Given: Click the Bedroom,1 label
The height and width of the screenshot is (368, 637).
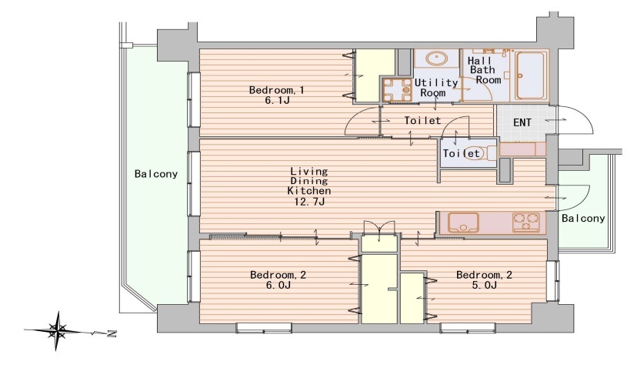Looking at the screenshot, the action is click(x=276, y=90).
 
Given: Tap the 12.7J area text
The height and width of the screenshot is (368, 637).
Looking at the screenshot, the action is click(x=309, y=201).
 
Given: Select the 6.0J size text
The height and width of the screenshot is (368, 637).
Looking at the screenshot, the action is click(x=278, y=285).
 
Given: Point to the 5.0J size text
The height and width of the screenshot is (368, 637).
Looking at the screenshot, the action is click(x=484, y=285).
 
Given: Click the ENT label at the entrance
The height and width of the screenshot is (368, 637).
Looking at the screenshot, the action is click(x=522, y=122).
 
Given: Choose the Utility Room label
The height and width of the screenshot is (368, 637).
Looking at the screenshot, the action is click(x=435, y=88).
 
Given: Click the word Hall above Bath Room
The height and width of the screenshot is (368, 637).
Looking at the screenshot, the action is click(x=479, y=61).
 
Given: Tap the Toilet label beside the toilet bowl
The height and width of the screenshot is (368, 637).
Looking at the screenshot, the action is click(x=462, y=153).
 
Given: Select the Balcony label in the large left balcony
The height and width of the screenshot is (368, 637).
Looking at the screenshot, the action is click(x=156, y=174).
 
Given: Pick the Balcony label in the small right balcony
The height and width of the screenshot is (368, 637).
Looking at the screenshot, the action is click(x=583, y=219).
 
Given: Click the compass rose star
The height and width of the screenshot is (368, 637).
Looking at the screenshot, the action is click(x=57, y=330).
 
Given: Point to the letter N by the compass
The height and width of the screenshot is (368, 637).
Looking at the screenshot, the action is click(x=112, y=334).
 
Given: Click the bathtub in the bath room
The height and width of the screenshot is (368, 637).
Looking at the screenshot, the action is click(x=532, y=75).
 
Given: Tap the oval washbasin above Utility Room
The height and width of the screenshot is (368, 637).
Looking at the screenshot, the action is click(x=436, y=58).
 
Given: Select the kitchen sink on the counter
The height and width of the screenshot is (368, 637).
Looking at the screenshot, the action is click(x=463, y=222).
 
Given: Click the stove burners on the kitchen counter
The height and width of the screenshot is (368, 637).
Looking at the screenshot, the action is click(x=526, y=222).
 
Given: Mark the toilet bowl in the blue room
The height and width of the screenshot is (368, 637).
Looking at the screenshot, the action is click(x=479, y=153).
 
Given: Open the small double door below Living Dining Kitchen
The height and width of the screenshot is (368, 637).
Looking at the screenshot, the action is click(x=379, y=228).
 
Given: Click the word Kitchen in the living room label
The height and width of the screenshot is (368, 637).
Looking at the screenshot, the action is click(x=309, y=191).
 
